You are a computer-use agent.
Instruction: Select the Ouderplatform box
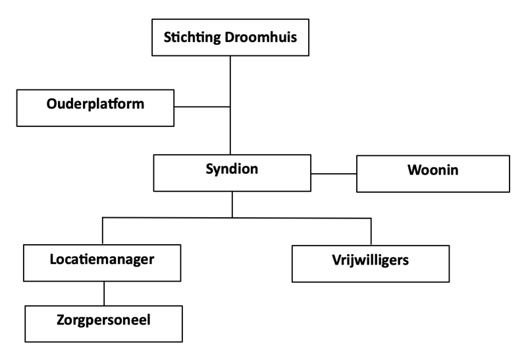(x=95, y=109)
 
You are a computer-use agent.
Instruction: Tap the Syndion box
(x=232, y=173)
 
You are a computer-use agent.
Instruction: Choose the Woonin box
(x=433, y=173)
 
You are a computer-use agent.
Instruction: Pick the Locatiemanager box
(x=102, y=263)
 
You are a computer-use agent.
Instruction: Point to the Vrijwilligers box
(x=371, y=263)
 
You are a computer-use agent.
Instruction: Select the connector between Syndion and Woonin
(x=333, y=174)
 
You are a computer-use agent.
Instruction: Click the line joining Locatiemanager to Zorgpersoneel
(x=103, y=293)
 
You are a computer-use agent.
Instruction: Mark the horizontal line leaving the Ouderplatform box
(x=201, y=106)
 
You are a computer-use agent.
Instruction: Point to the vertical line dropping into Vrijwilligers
(x=371, y=231)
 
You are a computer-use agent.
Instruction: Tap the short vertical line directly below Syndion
(x=232, y=204)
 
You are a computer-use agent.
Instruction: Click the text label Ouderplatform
(x=95, y=104)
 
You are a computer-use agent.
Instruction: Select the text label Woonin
(x=433, y=170)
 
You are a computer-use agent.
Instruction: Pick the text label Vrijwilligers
(x=371, y=259)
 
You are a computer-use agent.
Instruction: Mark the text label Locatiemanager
(x=102, y=259)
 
